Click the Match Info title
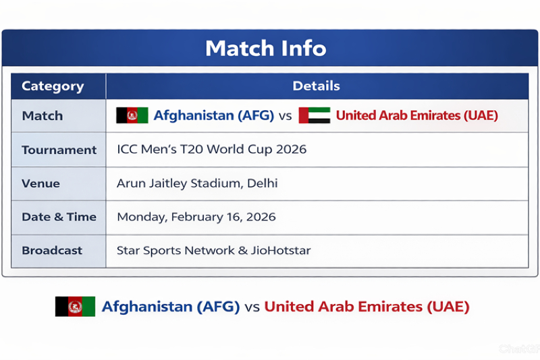[x=265, y=49]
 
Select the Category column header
[x=53, y=86]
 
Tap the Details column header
[x=316, y=86]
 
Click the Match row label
[x=42, y=116]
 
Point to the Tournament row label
[x=59, y=150]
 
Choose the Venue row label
[x=40, y=184]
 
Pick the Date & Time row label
[x=59, y=217]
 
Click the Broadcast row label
[x=52, y=251]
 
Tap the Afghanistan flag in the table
[x=132, y=115]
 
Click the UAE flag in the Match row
[x=314, y=115]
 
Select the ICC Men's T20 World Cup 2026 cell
[x=211, y=149]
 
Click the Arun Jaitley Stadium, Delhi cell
[x=197, y=184]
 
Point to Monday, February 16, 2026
[x=196, y=217]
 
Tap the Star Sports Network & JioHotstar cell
[x=213, y=251]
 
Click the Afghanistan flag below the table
[x=75, y=307]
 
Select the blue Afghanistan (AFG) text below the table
[x=171, y=307]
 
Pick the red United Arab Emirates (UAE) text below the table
[x=367, y=307]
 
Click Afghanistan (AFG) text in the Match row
[x=213, y=115]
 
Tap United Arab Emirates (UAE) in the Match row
[x=416, y=115]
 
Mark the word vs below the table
[x=252, y=307]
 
